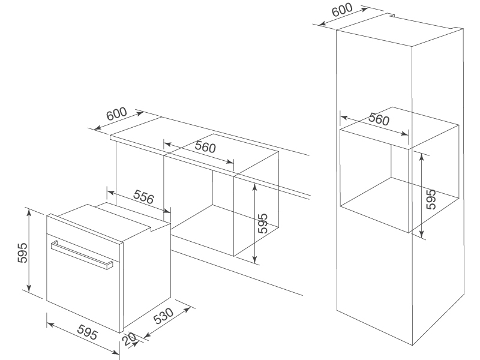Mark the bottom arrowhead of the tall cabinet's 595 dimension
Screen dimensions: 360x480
click(x=422, y=235)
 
